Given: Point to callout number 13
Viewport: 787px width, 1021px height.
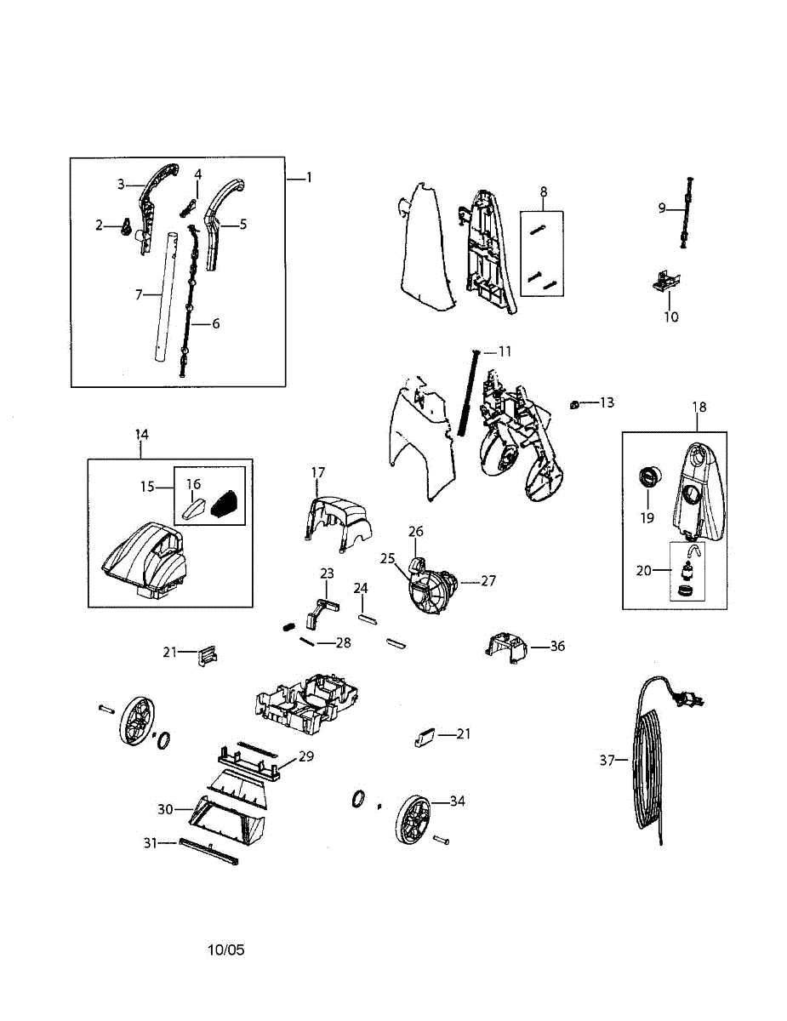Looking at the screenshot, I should tap(607, 402).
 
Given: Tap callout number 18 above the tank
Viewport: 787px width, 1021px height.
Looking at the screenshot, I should tap(699, 408).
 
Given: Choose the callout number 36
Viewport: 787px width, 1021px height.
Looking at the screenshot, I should tap(557, 647).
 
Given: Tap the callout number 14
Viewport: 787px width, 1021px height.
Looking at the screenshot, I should tap(141, 435).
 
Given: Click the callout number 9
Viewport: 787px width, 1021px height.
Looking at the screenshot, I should tap(662, 207).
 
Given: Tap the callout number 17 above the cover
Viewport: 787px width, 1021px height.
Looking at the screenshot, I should tap(317, 472).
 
